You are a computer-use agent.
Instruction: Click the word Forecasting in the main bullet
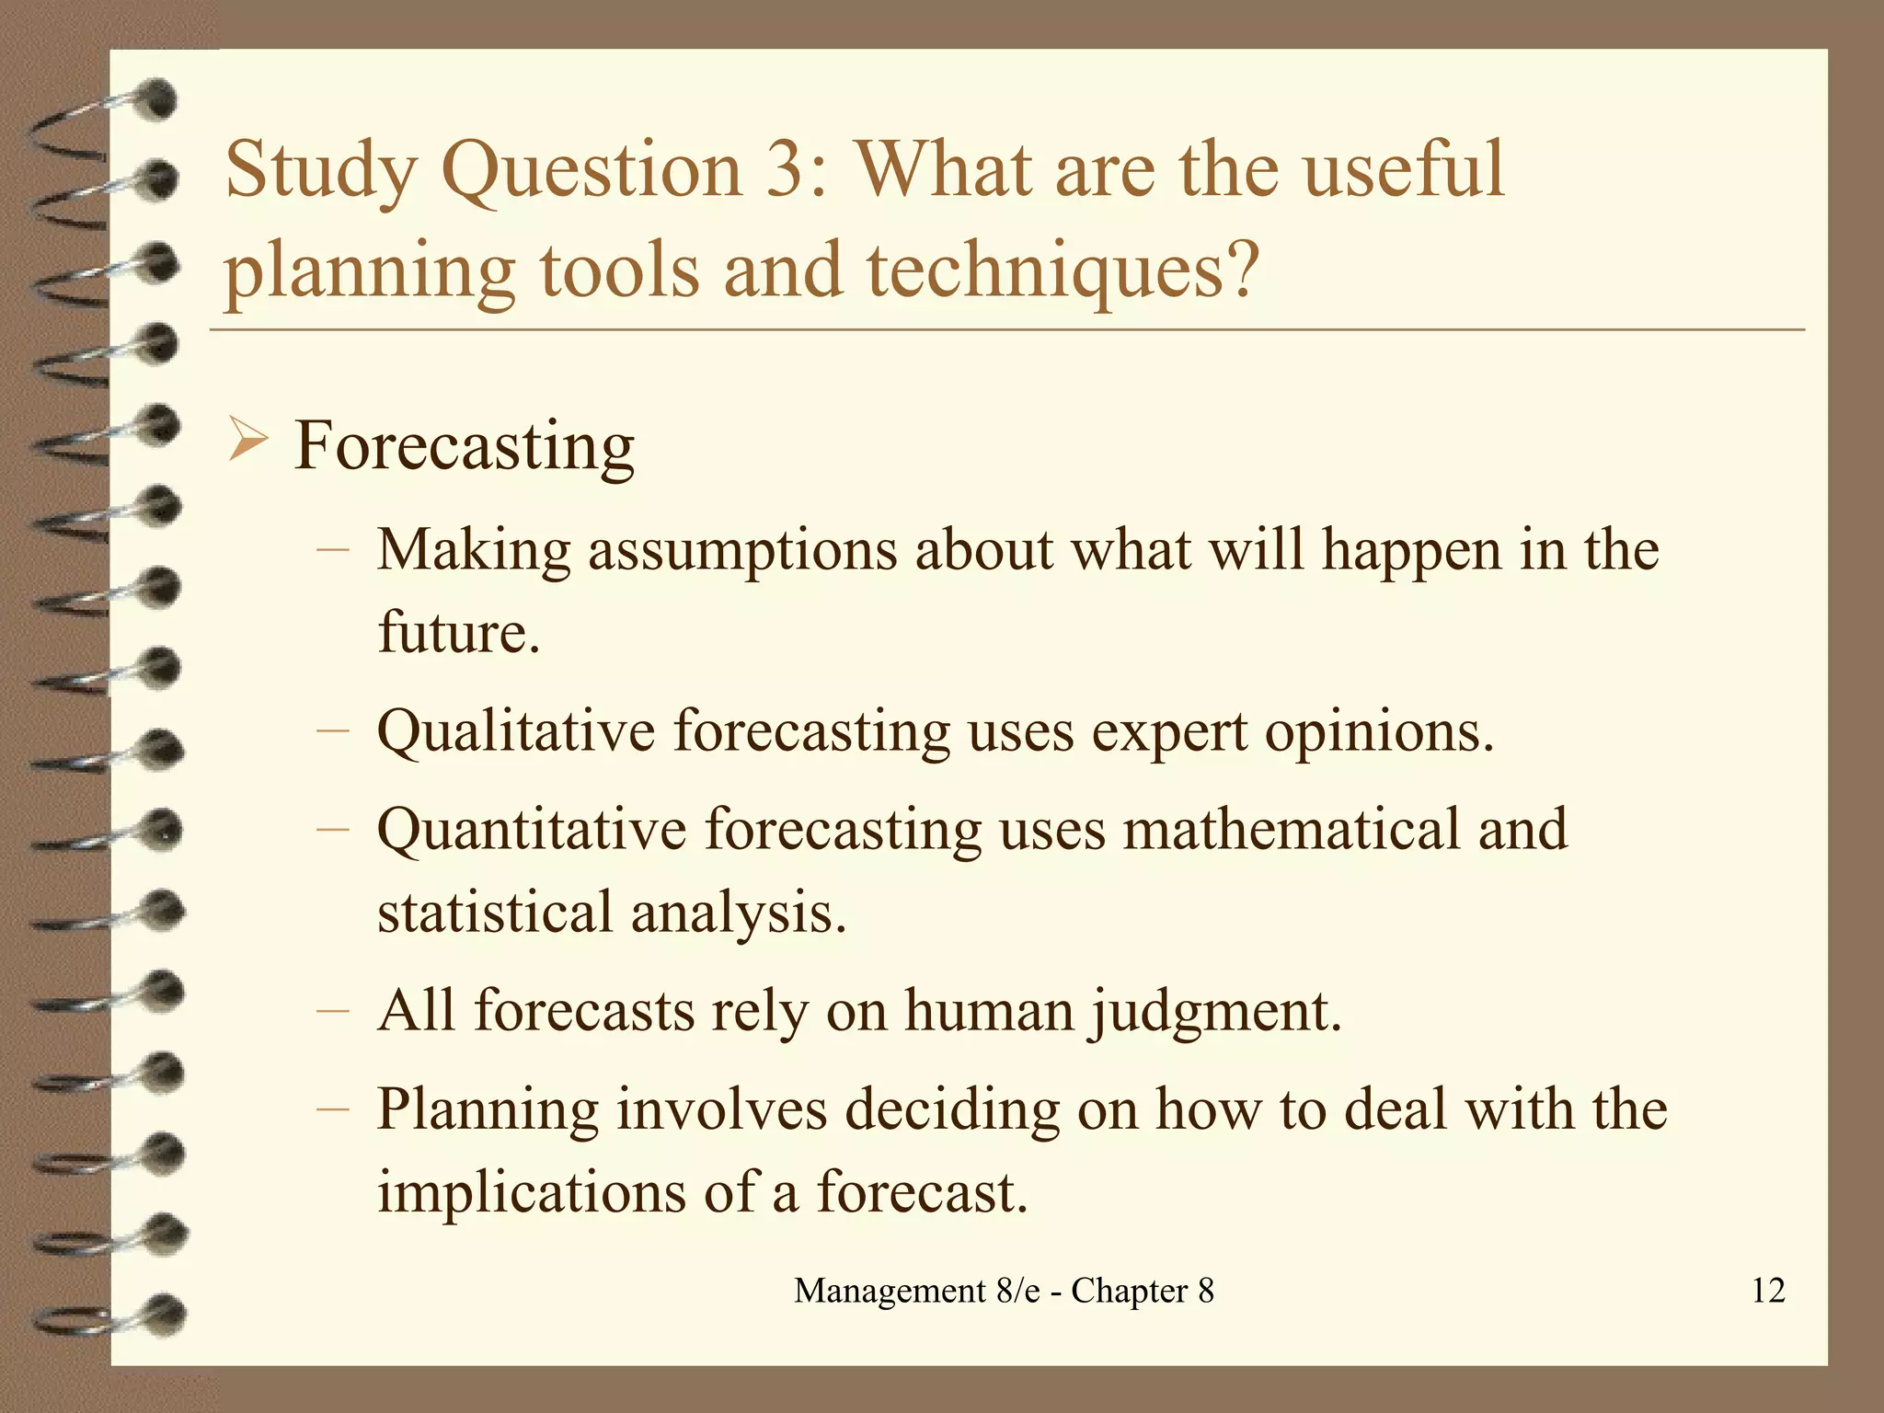tap(464, 447)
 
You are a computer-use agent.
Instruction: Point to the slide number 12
tap(1768, 1291)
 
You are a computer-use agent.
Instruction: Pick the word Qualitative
tap(516, 732)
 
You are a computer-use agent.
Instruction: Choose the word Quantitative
tap(532, 830)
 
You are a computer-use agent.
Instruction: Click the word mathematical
tap(1291, 828)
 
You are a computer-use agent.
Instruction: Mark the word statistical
tap(495, 913)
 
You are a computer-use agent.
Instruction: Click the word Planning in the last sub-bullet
tap(488, 1110)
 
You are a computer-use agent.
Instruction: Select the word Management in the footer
tap(889, 1291)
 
